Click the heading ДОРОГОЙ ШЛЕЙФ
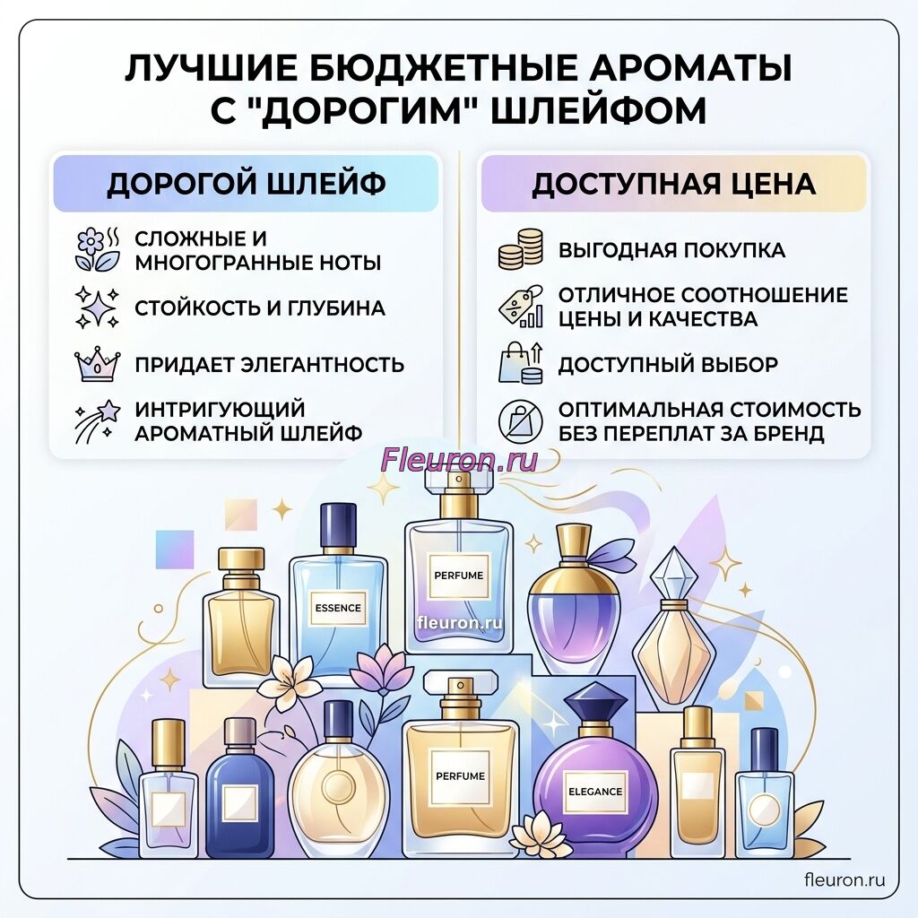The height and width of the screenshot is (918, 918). [246, 183]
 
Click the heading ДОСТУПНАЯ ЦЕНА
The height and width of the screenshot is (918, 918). [673, 184]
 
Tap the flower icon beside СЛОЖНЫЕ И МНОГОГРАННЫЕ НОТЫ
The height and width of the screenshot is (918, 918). [98, 249]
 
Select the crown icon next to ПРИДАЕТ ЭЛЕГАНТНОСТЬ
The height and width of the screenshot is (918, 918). [97, 364]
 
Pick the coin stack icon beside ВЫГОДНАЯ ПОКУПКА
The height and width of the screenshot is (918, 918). [521, 249]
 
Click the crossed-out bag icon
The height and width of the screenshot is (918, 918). [521, 421]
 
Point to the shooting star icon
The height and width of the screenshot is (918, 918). [97, 421]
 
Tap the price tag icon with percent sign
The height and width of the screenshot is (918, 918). [521, 307]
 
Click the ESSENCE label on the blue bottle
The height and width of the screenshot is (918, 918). [338, 608]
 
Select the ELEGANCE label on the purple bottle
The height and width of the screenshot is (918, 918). [595, 792]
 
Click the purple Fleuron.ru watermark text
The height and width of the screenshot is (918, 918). [459, 460]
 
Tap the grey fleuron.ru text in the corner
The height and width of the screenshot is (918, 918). [844, 880]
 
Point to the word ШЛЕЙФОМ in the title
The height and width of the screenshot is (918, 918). [598, 110]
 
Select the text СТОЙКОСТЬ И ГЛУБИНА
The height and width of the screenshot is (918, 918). [260, 308]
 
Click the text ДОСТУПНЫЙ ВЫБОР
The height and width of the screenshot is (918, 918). [668, 364]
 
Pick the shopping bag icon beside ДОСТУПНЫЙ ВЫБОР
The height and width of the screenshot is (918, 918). [521, 363]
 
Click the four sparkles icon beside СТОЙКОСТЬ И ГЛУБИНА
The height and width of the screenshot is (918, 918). [97, 307]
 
